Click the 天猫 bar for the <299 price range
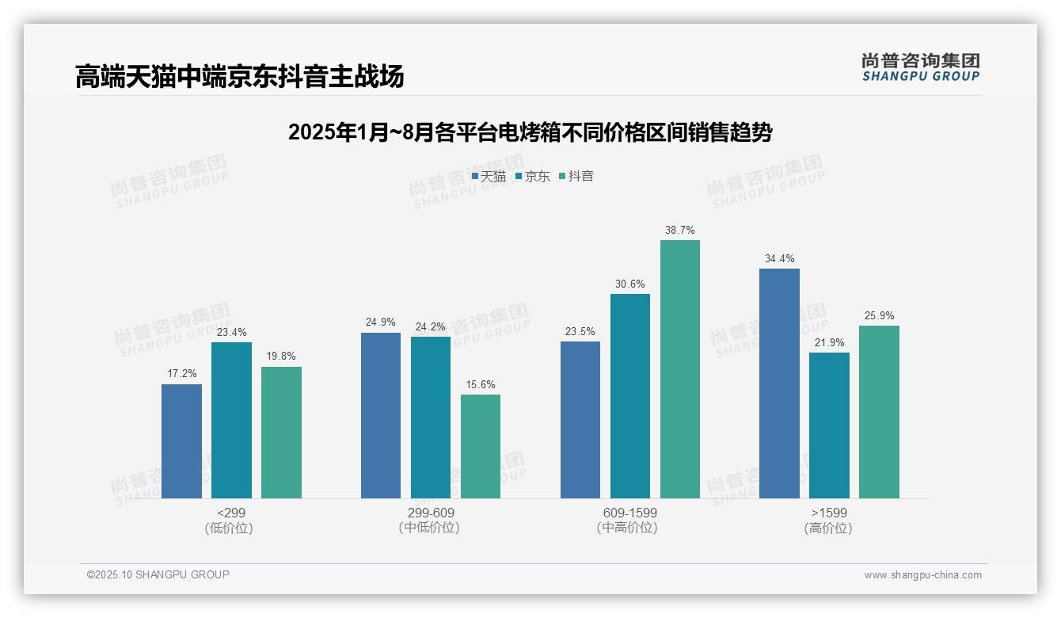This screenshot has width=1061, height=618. click(181, 441)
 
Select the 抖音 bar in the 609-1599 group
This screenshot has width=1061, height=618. click(680, 369)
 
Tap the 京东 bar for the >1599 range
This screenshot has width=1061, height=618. click(829, 425)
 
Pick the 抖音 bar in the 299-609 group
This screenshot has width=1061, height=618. click(481, 446)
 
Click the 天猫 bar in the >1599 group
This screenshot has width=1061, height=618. click(779, 383)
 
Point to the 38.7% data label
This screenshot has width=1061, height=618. click(680, 231)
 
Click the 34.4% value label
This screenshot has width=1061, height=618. click(779, 259)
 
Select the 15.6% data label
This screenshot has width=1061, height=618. click(481, 385)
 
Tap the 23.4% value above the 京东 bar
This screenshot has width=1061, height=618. click(231, 333)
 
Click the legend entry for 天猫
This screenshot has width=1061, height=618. click(489, 177)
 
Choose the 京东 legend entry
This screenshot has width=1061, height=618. click(532, 177)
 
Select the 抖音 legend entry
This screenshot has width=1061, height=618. click(576, 177)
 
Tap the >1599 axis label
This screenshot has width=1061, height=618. click(828, 520)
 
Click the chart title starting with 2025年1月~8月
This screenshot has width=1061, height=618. click(530, 132)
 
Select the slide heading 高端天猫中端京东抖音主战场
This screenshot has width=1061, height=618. click(240, 76)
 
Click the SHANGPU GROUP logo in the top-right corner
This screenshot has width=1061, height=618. click(920, 67)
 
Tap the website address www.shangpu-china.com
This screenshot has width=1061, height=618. click(922, 575)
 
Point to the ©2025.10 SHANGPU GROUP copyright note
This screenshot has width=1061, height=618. click(158, 574)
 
